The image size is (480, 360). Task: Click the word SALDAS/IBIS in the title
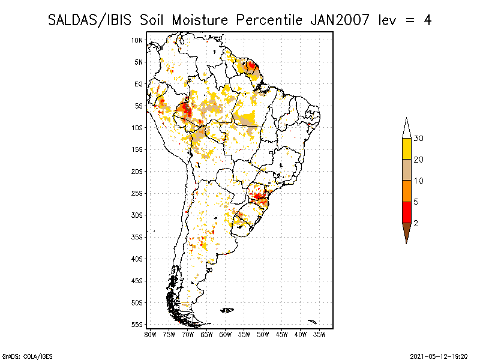point(89,20)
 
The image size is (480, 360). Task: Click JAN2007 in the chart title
point(340,20)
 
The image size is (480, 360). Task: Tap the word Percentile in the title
point(269,20)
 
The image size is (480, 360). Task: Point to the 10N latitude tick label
point(137,40)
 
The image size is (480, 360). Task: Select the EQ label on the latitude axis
point(139,84)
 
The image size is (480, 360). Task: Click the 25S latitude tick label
point(137,193)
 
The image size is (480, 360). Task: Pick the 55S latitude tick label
point(137,325)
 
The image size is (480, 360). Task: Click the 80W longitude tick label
point(150,335)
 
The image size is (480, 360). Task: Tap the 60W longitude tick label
point(226,335)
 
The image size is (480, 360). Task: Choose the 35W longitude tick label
point(319,335)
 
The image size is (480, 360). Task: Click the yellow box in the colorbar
point(407,149)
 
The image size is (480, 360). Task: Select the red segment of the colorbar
point(407,212)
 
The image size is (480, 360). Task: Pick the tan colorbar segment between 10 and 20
point(407,170)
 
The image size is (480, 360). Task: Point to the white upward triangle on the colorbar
point(407,128)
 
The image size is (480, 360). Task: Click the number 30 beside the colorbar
point(418,139)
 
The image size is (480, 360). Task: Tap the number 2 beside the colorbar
point(416,223)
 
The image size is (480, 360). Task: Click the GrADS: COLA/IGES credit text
point(28,356)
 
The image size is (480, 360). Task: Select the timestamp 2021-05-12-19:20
point(439,356)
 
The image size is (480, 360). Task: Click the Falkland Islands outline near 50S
point(227,310)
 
